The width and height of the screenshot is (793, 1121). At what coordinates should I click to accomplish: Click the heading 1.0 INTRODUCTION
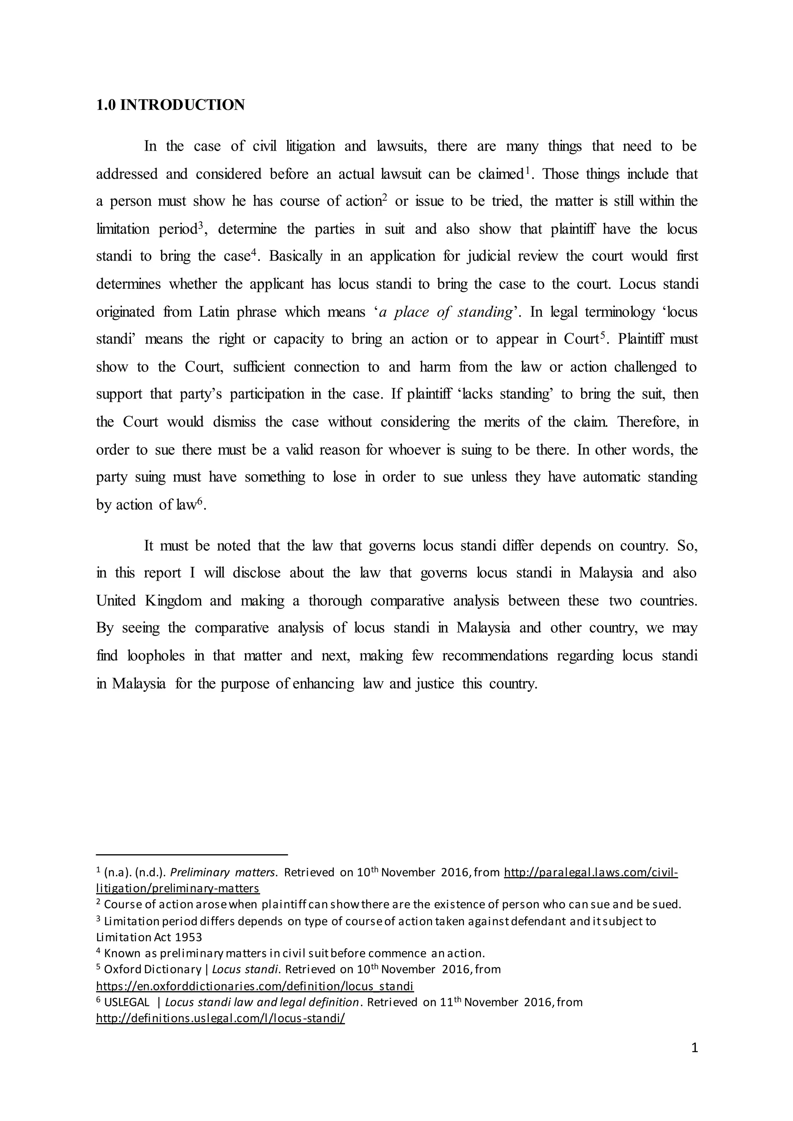click(x=170, y=105)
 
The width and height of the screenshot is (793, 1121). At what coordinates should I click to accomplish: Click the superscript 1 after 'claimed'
click(x=527, y=170)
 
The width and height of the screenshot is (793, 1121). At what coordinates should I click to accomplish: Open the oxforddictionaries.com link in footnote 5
click(x=254, y=986)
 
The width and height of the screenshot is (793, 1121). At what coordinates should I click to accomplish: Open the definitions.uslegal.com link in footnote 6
click(x=220, y=1018)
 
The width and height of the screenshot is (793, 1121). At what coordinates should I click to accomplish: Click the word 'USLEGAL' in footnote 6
click(x=127, y=1002)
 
